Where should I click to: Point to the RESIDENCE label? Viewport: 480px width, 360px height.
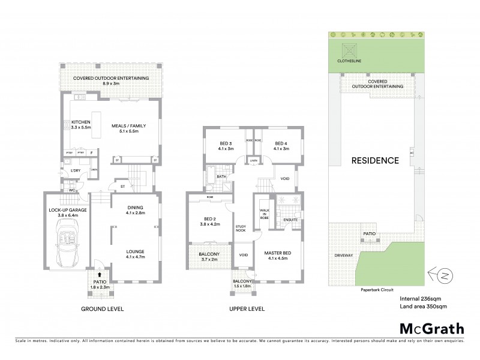(x=375, y=160)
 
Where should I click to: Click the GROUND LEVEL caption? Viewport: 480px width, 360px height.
(x=102, y=309)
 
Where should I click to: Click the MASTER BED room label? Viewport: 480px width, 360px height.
(x=278, y=255)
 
